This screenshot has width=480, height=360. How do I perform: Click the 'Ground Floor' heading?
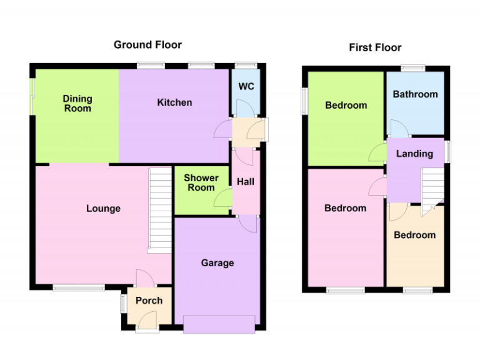(147, 44)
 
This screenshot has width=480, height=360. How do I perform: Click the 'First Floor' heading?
(375, 47)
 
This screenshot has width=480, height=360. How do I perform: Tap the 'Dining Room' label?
(77, 104)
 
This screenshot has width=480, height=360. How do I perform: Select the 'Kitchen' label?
(174, 102)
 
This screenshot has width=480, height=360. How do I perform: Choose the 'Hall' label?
(246, 182)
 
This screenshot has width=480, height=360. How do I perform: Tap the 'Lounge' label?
(103, 208)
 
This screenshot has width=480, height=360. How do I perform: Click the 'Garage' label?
(217, 262)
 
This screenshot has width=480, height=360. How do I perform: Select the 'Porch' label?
(149, 301)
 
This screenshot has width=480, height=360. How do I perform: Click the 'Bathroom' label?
(415, 94)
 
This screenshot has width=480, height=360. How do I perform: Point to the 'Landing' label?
(414, 154)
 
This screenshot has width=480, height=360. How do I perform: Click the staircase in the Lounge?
(159, 210)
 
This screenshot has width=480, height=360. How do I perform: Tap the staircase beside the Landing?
(432, 189)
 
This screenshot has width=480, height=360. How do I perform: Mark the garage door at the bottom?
(219, 323)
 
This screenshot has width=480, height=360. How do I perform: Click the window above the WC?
(246, 64)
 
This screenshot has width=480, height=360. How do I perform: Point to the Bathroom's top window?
(413, 68)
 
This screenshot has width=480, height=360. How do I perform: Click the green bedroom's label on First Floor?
(346, 105)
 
